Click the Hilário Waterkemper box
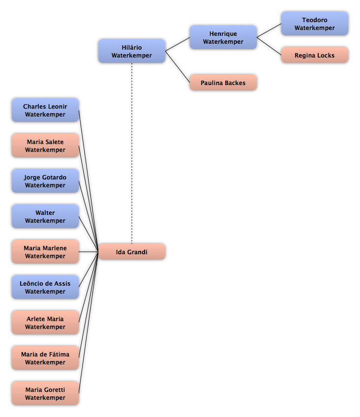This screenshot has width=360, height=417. click(x=132, y=51)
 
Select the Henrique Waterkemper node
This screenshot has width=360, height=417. click(x=223, y=37)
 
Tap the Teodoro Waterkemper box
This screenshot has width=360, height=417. click(x=315, y=24)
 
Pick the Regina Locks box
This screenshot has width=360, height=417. click(x=315, y=55)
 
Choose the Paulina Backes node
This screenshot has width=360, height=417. click(x=223, y=83)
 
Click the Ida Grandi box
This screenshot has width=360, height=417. click(x=132, y=252)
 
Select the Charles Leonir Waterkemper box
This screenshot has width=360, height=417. click(x=45, y=110)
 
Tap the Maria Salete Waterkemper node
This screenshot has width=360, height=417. click(x=45, y=146)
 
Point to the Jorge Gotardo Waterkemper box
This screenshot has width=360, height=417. click(x=45, y=181)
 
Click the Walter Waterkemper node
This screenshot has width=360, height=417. click(x=45, y=216)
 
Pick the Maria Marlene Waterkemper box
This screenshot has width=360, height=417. click(x=45, y=252)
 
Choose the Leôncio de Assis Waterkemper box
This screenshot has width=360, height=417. click(x=45, y=287)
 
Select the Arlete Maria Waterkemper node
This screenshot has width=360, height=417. click(x=45, y=322)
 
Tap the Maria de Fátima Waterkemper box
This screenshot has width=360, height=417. click(x=45, y=357)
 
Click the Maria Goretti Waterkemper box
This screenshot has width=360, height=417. click(x=45, y=393)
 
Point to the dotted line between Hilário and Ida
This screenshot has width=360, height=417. click(x=132, y=153)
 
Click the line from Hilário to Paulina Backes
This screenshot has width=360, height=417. click(x=178, y=67)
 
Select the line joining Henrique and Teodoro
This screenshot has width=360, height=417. click(x=269, y=30)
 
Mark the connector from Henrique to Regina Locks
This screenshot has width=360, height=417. click(x=269, y=46)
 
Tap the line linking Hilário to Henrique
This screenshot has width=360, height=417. click(x=178, y=44)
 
